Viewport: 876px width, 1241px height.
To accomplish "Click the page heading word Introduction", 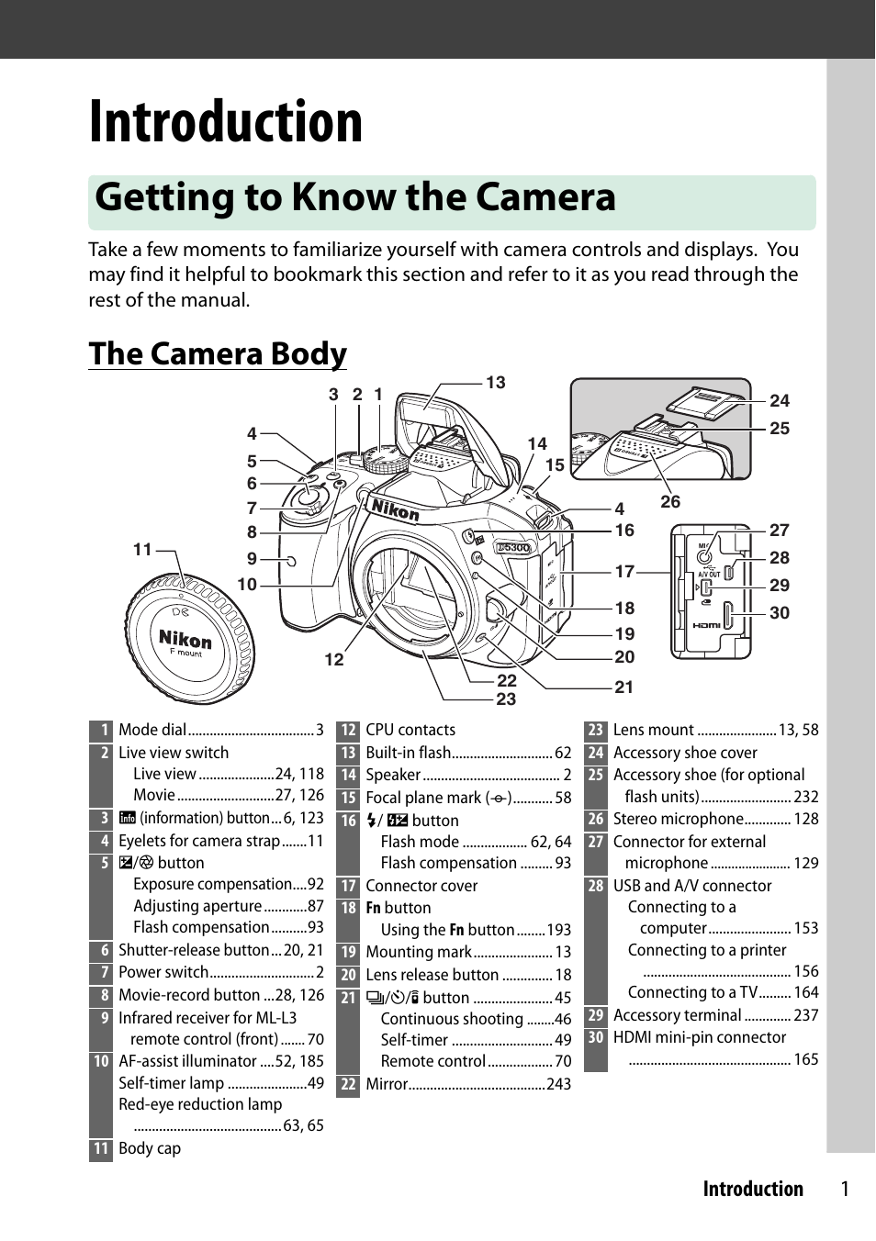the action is (x=226, y=122).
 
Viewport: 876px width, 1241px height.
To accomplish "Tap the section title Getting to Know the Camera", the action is (x=355, y=198).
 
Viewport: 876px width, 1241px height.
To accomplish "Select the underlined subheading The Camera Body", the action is (x=218, y=354).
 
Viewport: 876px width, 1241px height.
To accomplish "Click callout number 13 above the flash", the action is (x=496, y=383).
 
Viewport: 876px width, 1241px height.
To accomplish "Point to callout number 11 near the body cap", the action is (x=142, y=550).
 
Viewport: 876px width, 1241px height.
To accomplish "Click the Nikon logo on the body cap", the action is (x=185, y=639).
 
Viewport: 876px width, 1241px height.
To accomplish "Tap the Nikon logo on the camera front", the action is (x=395, y=509).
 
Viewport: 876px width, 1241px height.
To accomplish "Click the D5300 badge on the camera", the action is (x=513, y=548).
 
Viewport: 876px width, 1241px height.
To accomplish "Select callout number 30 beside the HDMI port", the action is (x=780, y=613).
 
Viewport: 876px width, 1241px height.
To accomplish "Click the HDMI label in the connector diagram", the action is (x=706, y=625).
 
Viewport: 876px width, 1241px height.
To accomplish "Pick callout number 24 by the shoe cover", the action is (x=780, y=401).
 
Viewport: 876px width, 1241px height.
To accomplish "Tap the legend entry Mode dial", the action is (x=152, y=731).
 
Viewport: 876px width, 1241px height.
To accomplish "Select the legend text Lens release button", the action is (x=432, y=976).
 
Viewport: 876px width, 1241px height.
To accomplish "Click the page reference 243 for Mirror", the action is (x=558, y=1084).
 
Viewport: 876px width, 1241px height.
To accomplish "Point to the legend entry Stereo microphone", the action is (x=678, y=820).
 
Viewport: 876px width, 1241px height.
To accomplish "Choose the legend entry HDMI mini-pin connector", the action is (x=700, y=1038).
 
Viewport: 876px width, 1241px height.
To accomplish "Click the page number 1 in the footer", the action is (x=845, y=1190).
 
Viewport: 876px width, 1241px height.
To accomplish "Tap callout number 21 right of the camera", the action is (x=624, y=688).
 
